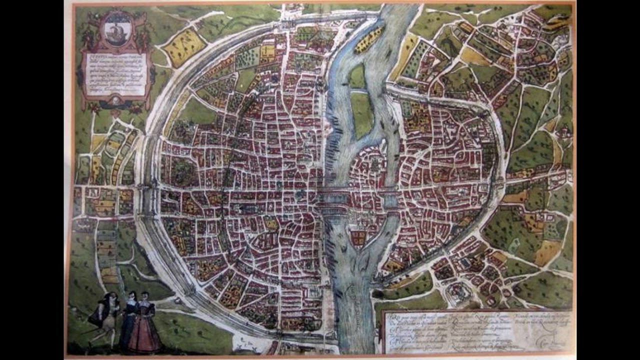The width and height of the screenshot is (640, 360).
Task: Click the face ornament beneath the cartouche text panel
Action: tap(116, 100)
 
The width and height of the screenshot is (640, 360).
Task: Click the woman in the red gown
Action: tap(144, 325)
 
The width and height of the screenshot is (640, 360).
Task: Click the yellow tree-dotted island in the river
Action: tap(368, 40)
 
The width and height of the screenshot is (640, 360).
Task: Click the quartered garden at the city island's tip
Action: tap(358, 237)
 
